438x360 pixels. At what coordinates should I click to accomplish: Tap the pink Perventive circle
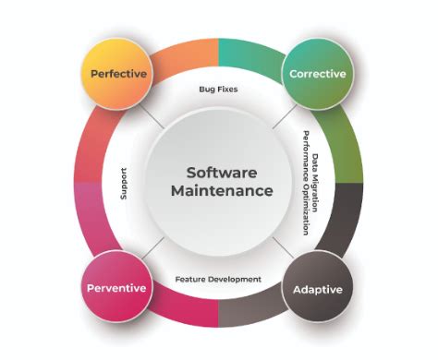117,287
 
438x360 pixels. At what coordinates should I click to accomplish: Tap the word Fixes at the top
227,90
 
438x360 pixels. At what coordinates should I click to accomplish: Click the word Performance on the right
303,156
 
